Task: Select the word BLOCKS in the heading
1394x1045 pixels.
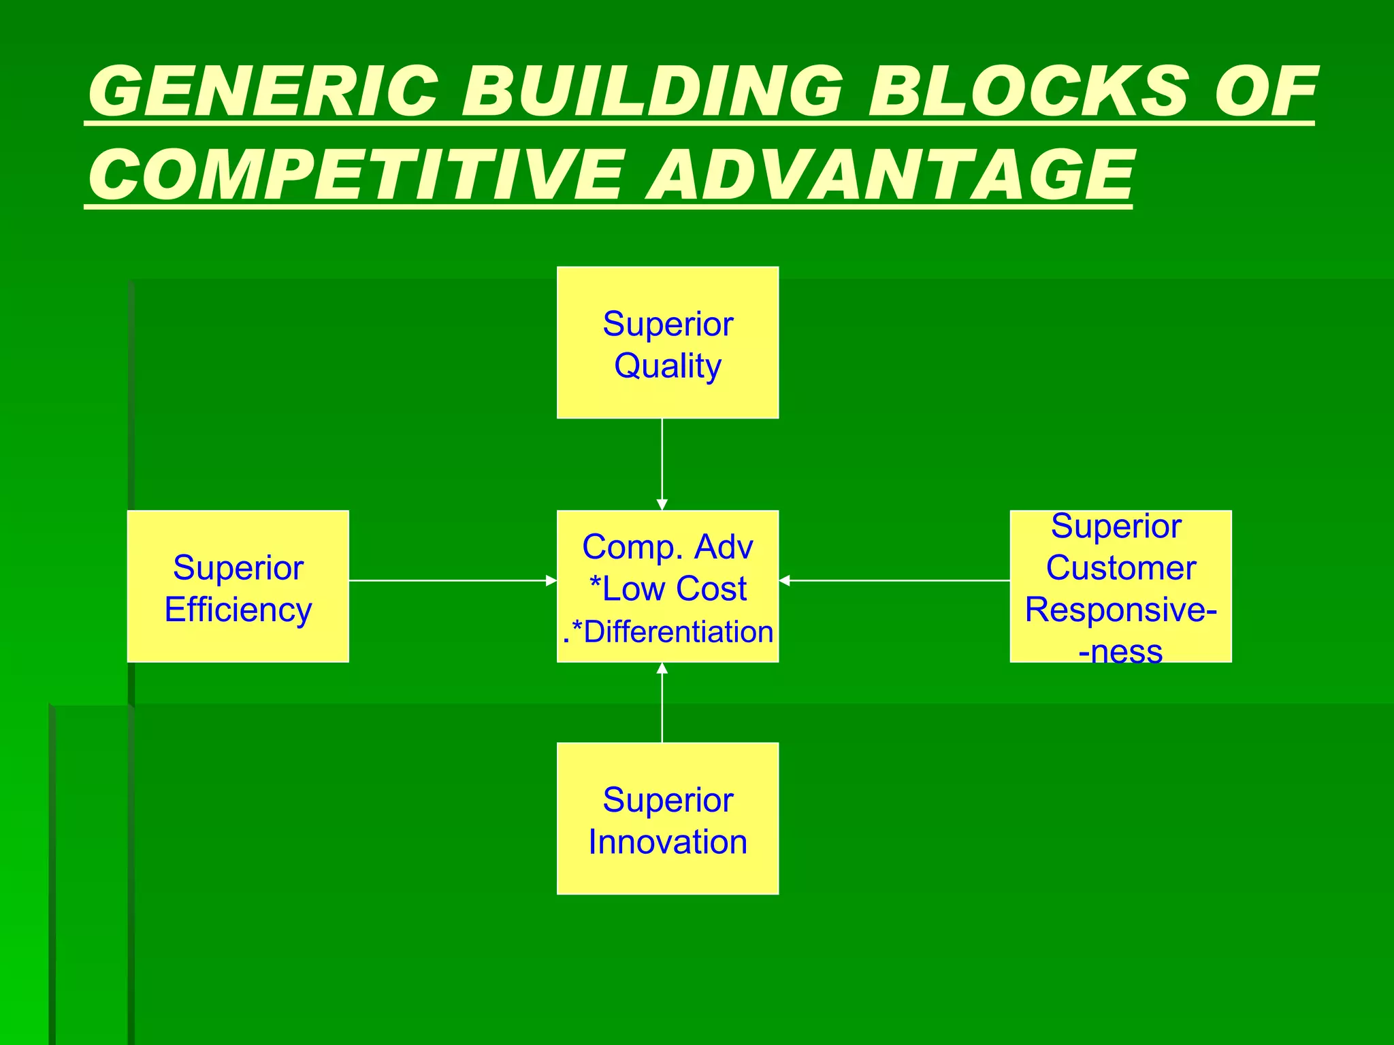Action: (x=1028, y=91)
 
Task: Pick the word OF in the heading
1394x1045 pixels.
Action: (x=1266, y=91)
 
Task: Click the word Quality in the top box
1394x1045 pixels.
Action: (x=668, y=366)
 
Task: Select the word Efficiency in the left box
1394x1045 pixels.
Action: (x=238, y=610)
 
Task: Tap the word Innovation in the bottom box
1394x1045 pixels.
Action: (x=668, y=842)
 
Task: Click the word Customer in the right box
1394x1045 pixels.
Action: (x=1121, y=568)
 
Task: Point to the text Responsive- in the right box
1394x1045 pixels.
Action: (x=1121, y=610)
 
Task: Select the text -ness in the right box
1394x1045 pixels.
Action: (x=1121, y=651)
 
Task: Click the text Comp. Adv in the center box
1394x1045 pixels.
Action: (x=668, y=547)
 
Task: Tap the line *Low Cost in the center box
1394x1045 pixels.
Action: (x=668, y=589)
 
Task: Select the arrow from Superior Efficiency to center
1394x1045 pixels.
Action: (x=453, y=580)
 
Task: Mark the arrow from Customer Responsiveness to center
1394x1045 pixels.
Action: (x=894, y=580)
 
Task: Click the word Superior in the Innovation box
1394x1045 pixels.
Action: (x=668, y=800)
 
